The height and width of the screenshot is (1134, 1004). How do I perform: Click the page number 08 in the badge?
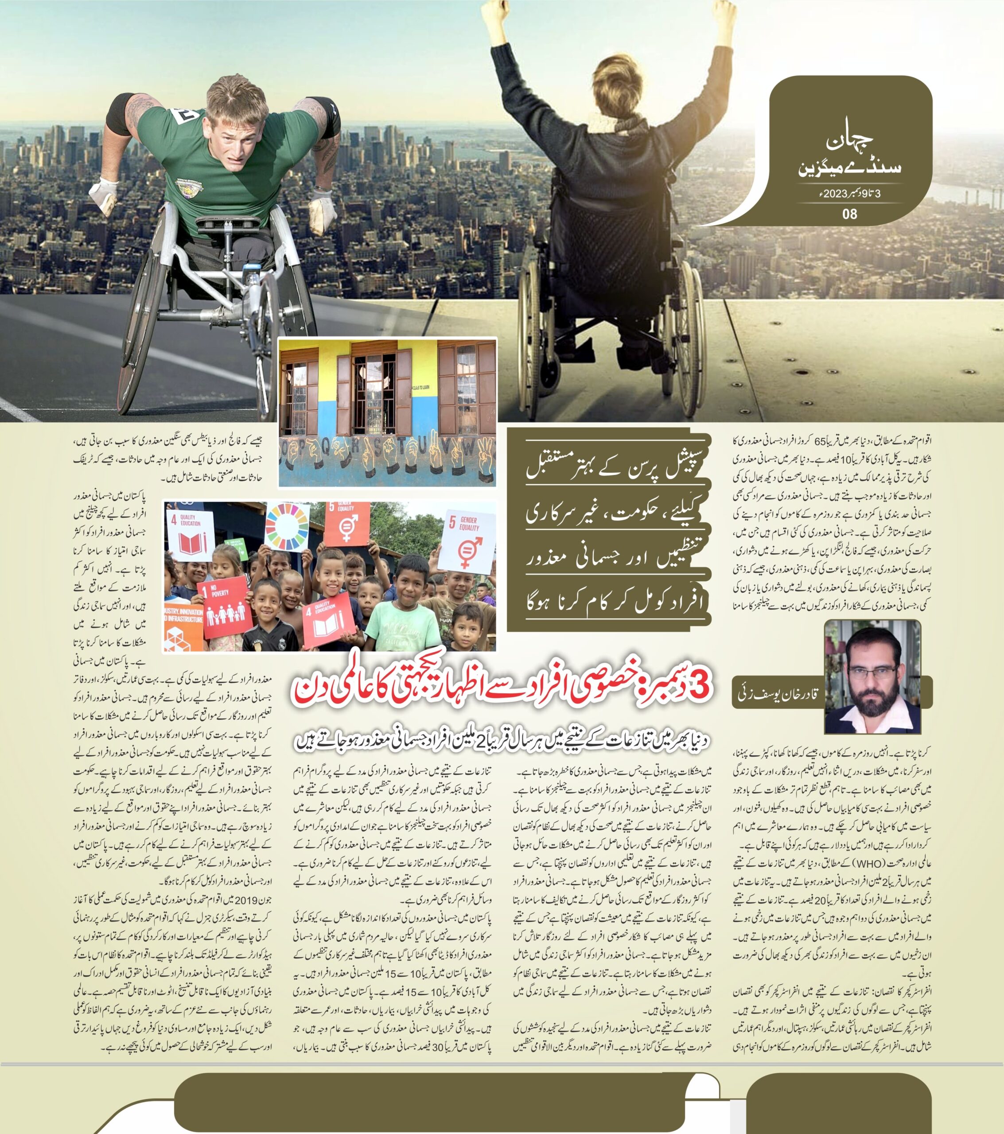(849, 214)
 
